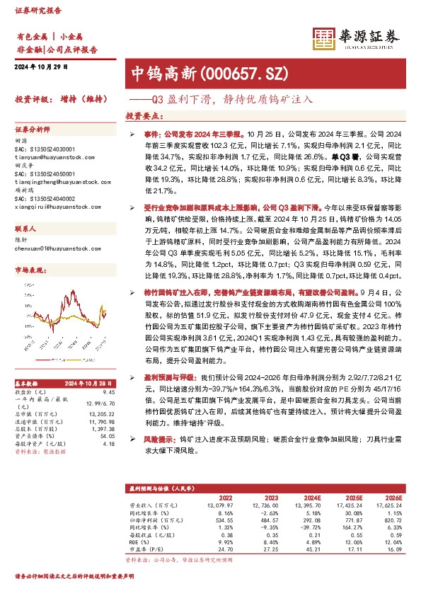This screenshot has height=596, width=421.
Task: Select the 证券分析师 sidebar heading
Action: [33, 131]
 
